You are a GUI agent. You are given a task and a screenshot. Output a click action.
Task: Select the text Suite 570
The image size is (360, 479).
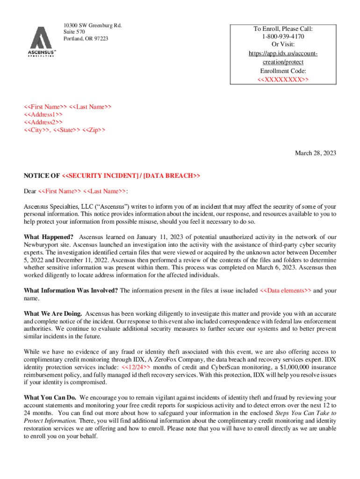tap(74, 31)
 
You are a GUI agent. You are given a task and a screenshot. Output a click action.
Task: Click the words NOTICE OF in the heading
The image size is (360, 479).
tap(42, 176)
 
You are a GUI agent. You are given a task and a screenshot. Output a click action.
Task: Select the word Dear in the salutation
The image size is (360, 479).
tap(30, 191)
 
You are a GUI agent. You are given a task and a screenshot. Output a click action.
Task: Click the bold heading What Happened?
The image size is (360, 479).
tap(49, 237)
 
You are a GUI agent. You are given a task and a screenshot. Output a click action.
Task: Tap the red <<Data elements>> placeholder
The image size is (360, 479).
tap(285, 290)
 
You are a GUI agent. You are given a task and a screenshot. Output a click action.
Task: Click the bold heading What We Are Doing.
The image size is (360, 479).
tap(53, 313)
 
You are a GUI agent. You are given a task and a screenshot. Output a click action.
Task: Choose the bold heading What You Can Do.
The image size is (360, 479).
tap(50, 398)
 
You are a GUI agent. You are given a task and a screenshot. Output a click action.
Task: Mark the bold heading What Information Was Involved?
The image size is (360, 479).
tap(71, 290)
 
